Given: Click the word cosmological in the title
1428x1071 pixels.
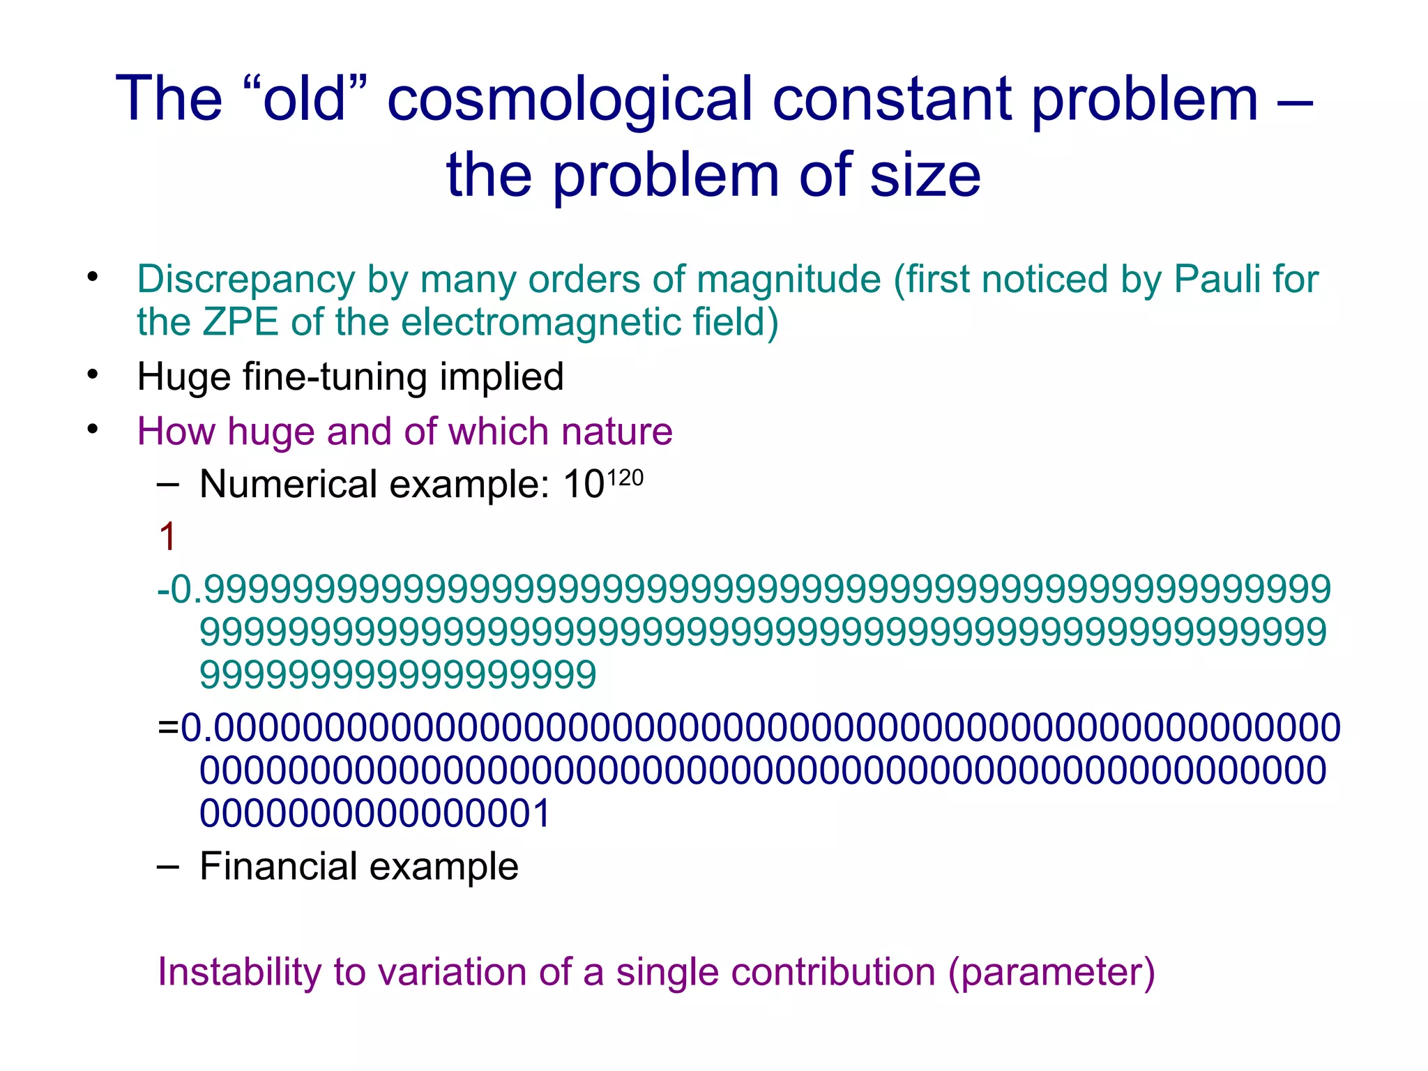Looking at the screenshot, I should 570,100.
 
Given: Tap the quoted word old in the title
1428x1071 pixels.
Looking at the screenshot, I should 305,100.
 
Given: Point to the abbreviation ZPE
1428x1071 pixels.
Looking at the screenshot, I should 241,322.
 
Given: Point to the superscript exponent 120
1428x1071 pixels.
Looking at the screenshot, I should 625,478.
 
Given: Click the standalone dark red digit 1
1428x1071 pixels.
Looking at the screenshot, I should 167,537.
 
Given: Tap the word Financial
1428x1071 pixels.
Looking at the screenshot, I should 278,867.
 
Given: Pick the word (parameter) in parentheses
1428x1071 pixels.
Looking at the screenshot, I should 1051,972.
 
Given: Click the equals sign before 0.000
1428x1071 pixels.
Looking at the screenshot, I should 168,728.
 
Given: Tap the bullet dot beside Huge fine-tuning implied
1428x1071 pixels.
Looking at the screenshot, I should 93,375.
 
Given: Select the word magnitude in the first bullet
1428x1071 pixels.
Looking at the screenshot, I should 789,280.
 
